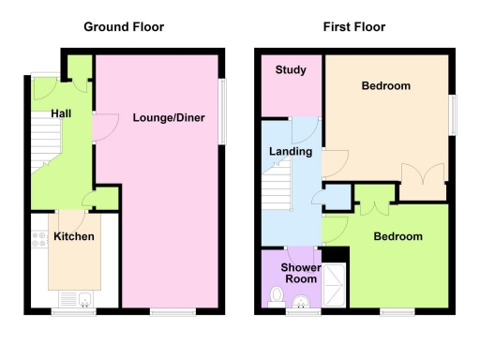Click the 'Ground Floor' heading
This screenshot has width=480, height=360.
[124, 27]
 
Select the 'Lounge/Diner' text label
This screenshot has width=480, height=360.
[169, 118]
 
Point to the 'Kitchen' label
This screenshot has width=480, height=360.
[73, 237]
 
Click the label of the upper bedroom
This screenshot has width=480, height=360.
[386, 87]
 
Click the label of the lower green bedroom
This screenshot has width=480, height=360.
[397, 237]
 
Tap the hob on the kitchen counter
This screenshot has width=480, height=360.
[38, 243]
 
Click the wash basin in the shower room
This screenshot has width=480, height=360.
[302, 301]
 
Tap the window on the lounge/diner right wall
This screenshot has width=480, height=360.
[223, 112]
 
